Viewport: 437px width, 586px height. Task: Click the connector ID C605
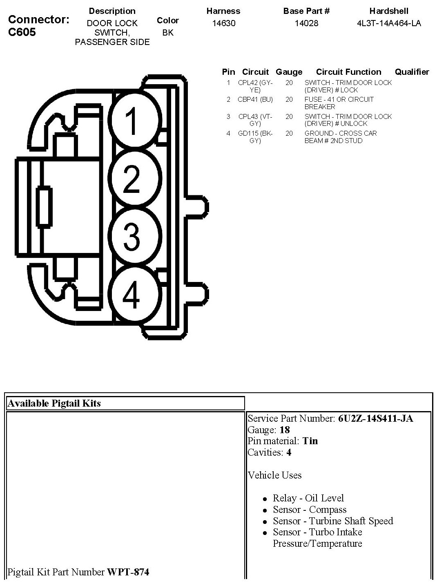pyautogui.click(x=22, y=32)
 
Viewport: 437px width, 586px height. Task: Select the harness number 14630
pyautogui.click(x=224, y=23)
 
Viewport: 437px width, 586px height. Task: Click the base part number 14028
pyautogui.click(x=306, y=23)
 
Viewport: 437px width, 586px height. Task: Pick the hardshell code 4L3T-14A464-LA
pyautogui.click(x=389, y=23)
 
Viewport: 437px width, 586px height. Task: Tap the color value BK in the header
pyautogui.click(x=168, y=33)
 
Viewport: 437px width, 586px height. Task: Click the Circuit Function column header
pyautogui.click(x=348, y=72)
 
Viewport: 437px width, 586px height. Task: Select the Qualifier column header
pyautogui.click(x=412, y=72)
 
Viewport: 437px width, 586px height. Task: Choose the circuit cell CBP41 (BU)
pyautogui.click(x=255, y=99)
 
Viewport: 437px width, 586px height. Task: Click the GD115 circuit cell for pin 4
pyautogui.click(x=255, y=137)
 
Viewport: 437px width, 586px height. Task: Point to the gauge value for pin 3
pyautogui.click(x=289, y=116)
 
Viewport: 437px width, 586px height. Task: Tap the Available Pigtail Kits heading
pyautogui.click(x=54, y=403)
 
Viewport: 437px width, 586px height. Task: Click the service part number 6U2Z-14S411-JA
pyautogui.click(x=375, y=418)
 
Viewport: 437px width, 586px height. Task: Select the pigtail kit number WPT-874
pyautogui.click(x=128, y=572)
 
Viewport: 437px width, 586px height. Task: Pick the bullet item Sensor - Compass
pyautogui.click(x=310, y=510)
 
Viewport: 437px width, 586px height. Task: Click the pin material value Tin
pyautogui.click(x=310, y=441)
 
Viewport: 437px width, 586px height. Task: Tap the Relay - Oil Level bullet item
pyautogui.click(x=308, y=498)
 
